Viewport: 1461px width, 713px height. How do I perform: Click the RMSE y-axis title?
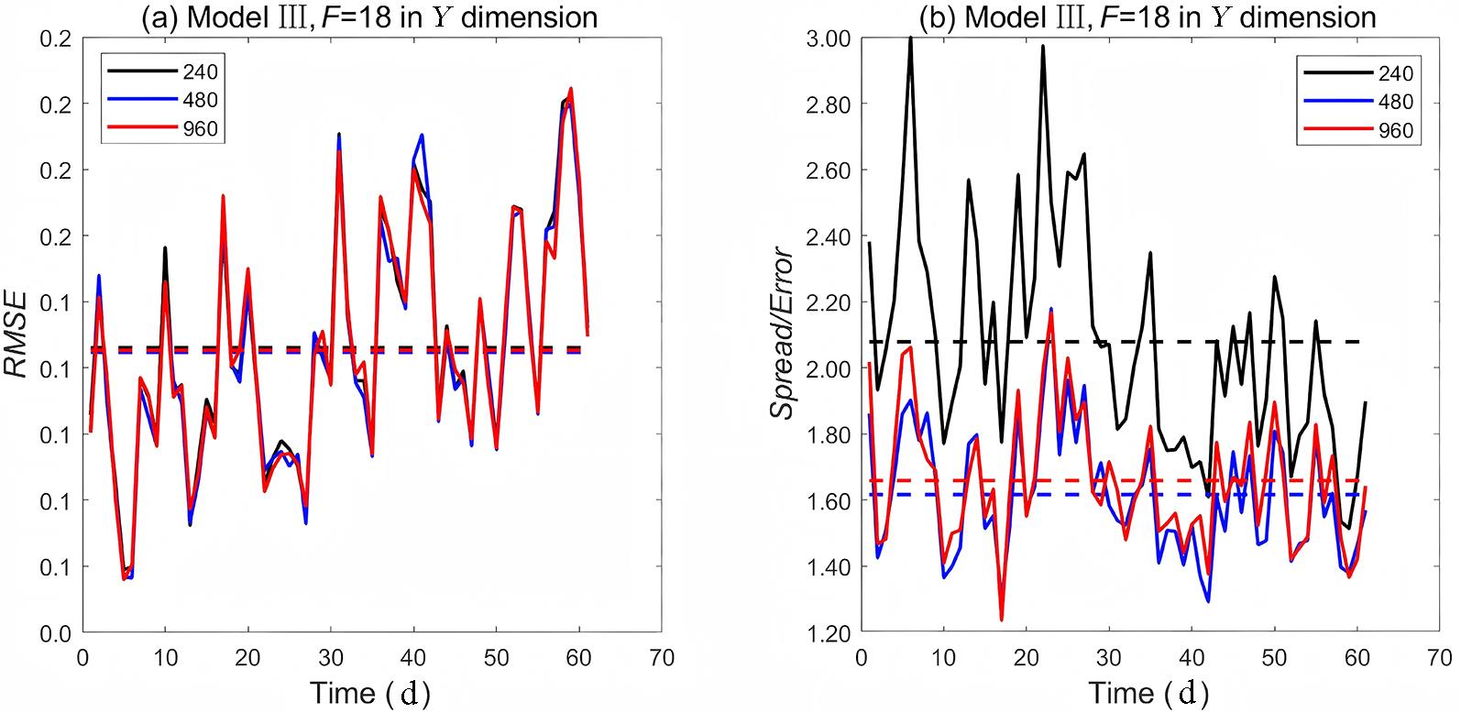[x=20, y=335]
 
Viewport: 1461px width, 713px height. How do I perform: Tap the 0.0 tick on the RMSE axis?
[x=60, y=633]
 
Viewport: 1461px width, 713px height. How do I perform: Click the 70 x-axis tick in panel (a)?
[x=661, y=656]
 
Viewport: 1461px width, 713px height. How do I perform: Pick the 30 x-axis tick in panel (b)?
[x=1109, y=656]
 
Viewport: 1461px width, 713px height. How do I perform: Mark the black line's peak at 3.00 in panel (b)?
[x=910, y=38]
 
